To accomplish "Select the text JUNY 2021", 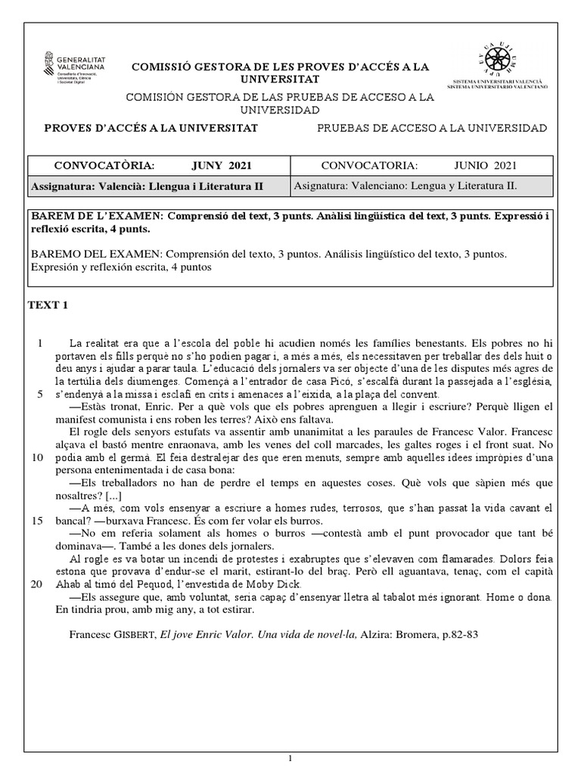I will pos(221,166).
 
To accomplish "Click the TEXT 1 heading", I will pos(48,305).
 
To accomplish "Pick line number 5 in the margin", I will pos(39,394).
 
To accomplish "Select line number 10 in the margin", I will pos(36,457).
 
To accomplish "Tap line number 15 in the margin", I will pos(36,521).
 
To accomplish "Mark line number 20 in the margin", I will pos(36,584).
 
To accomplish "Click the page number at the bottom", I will pos(290,757).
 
